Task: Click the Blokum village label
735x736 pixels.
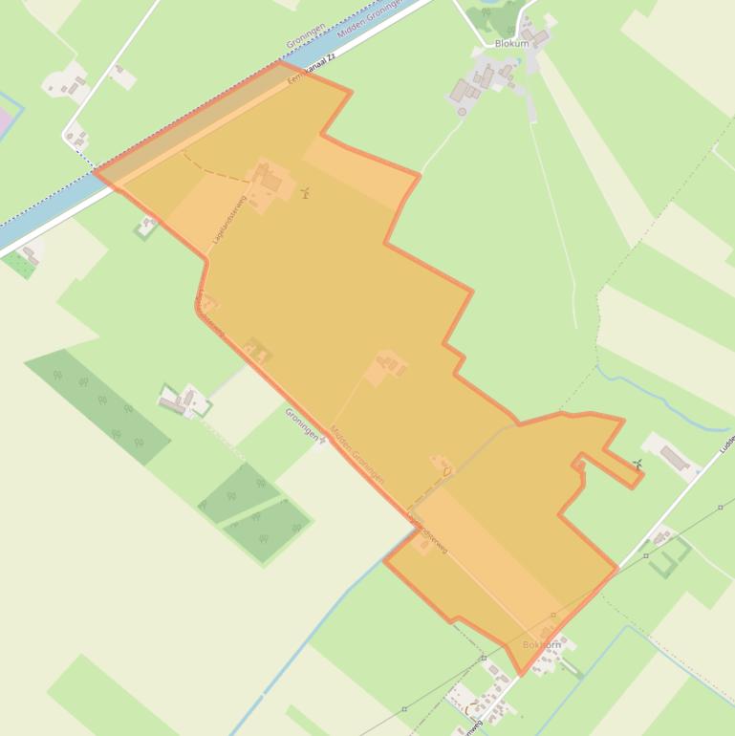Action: point(511,44)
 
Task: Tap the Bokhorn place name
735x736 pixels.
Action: point(542,645)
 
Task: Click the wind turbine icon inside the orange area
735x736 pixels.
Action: point(305,193)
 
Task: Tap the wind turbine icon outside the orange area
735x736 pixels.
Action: point(637,465)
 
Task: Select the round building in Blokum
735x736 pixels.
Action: point(463,111)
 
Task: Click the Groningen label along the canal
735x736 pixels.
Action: point(306,32)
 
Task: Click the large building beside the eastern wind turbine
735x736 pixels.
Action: point(675,459)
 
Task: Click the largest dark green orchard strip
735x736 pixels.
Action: point(97,405)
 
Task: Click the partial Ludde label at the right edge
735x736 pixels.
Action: point(727,444)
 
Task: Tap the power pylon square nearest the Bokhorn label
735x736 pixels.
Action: point(553,615)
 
